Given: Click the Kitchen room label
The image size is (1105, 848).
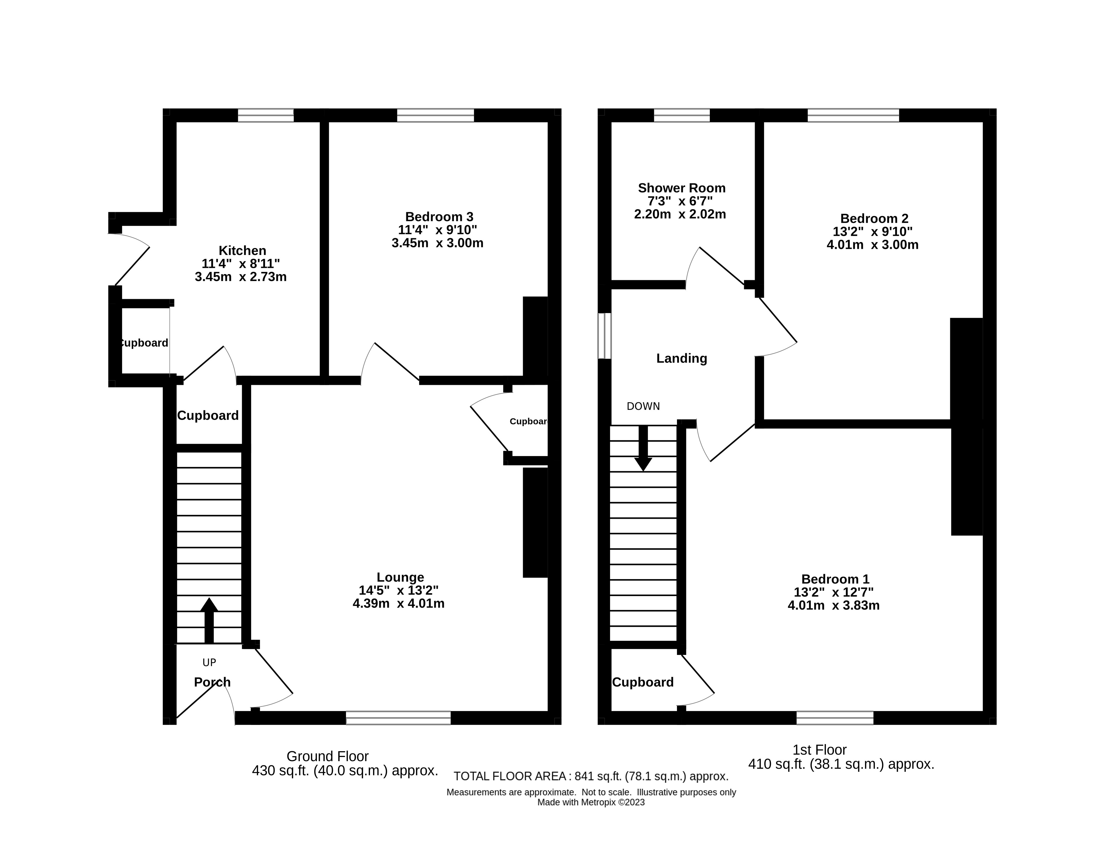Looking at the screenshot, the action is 242,250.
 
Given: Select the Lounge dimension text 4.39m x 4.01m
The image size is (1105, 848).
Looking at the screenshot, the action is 398,603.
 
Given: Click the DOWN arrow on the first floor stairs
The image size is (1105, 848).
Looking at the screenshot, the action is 643,449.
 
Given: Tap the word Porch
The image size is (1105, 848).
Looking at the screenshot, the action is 212,682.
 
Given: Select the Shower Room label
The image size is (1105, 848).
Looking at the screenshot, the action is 681,188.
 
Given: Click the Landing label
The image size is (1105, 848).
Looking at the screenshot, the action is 681,358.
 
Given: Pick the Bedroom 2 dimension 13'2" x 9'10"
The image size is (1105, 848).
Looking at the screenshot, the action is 873,232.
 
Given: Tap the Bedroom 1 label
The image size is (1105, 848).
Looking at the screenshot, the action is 835,579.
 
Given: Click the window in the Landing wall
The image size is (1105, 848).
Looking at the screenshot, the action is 604,336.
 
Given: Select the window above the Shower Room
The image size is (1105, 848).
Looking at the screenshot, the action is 681,115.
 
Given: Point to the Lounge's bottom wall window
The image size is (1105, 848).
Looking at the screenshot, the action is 398,718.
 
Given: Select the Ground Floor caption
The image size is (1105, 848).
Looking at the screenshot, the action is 327,756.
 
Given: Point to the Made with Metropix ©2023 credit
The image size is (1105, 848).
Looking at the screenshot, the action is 591,802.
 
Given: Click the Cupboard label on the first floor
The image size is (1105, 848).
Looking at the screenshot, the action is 642,682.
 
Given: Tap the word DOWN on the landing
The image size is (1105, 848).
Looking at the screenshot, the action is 643,406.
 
